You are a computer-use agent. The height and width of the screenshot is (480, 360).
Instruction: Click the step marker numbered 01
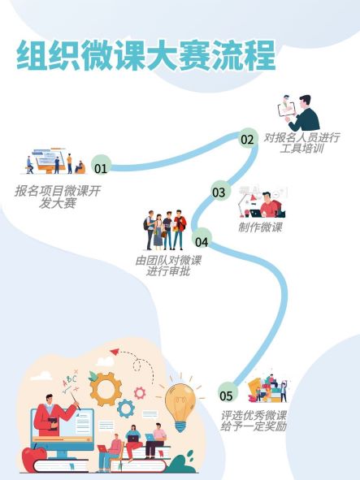click(x=101, y=167)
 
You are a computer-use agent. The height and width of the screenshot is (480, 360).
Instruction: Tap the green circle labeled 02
click(x=247, y=138)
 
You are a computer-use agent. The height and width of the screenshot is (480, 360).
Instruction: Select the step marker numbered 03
click(x=219, y=192)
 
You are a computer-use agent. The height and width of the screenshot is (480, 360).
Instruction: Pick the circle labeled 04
click(x=202, y=241)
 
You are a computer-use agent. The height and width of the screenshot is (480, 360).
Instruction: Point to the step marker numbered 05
click(x=226, y=396)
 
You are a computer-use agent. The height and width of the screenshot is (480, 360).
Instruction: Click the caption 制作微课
click(x=260, y=227)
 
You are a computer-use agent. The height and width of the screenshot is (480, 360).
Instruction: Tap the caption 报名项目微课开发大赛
click(x=58, y=197)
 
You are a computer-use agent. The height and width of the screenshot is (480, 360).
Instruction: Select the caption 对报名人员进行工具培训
click(x=301, y=143)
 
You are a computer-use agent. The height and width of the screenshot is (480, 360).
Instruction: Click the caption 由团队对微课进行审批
click(x=168, y=266)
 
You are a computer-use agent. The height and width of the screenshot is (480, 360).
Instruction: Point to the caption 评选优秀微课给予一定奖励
click(x=254, y=421)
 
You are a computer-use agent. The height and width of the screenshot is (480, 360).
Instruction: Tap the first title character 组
click(x=33, y=56)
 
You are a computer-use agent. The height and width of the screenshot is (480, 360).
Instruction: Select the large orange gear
click(x=105, y=389)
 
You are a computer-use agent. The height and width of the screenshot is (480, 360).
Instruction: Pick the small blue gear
click(x=126, y=409)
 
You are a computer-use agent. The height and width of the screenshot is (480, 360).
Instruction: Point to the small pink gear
click(x=140, y=393)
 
